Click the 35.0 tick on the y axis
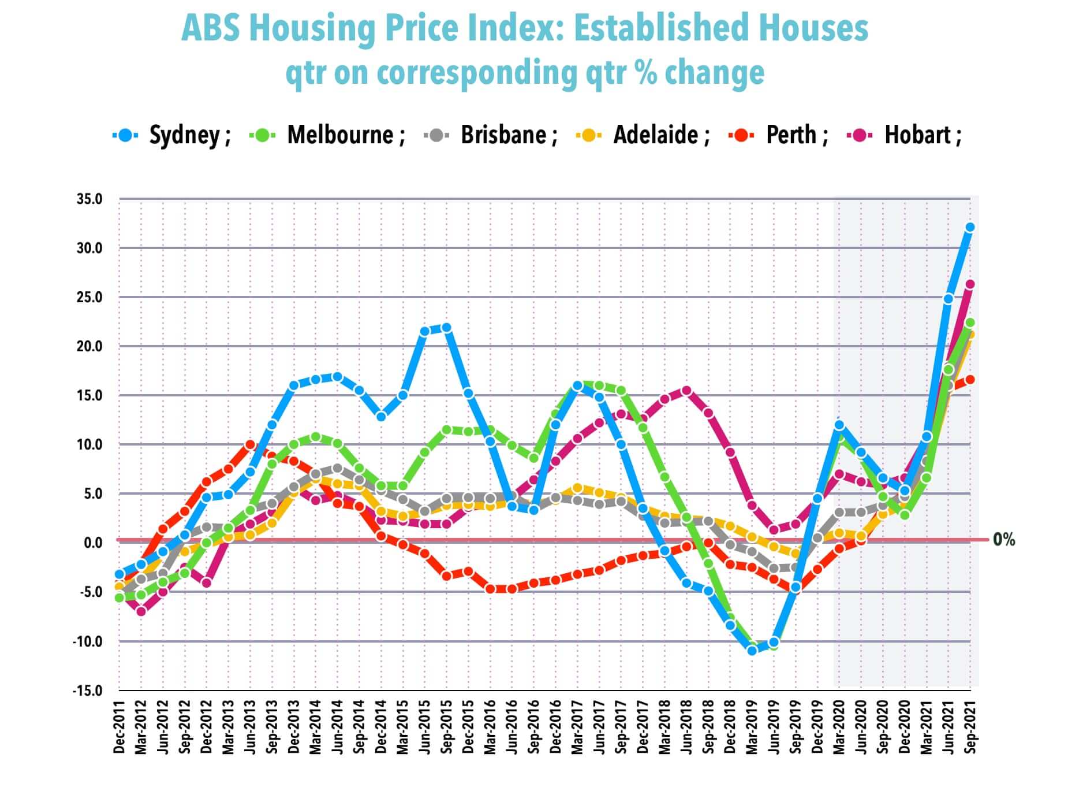coord(89,199)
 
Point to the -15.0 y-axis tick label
coord(87,691)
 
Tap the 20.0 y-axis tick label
coord(89,347)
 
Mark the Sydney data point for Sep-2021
coord(970,228)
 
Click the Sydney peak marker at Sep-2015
coord(446,328)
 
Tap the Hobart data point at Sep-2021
coord(970,284)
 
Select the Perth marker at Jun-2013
coord(250,444)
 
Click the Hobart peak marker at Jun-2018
coord(686,391)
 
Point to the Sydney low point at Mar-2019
coord(752,651)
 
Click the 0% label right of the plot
coord(1004,540)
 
